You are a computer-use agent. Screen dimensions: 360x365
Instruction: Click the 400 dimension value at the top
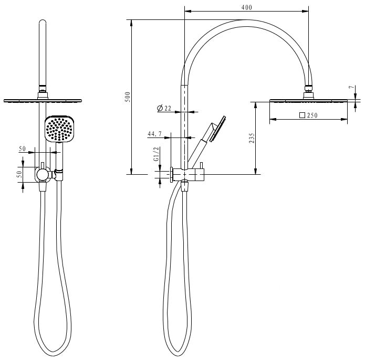(x=247, y=7)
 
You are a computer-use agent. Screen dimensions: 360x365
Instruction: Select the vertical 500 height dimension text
(x=128, y=97)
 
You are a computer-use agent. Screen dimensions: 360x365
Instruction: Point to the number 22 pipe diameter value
(x=168, y=108)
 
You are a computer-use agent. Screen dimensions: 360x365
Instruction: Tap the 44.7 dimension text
(x=154, y=135)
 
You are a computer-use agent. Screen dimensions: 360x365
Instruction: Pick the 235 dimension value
(x=252, y=138)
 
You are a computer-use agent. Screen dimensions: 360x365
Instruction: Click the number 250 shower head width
(x=312, y=115)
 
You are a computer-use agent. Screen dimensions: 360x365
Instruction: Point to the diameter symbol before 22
(x=160, y=108)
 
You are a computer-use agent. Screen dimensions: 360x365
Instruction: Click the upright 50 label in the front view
(x=22, y=149)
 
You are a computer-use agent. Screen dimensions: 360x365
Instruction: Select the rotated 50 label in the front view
(x=19, y=174)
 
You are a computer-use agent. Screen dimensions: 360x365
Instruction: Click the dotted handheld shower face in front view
(x=58, y=129)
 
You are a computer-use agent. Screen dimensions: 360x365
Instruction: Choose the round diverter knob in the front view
(x=43, y=174)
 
